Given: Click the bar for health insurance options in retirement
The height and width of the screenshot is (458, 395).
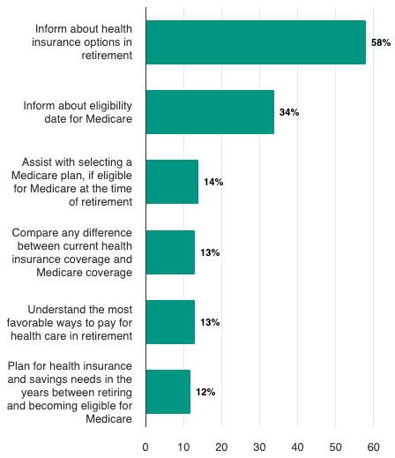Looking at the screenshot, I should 256,42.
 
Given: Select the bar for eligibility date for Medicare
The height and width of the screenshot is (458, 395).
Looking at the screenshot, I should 210,112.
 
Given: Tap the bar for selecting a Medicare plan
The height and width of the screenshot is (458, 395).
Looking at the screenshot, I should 172,182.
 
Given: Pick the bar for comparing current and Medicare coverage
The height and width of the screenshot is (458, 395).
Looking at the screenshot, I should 170,252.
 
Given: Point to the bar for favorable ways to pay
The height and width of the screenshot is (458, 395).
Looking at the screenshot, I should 170,322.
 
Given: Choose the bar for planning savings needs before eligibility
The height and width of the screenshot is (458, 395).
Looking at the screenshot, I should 168,392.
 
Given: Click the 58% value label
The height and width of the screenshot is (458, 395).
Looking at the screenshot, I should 381,42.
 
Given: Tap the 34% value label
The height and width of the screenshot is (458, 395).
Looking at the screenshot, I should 289,112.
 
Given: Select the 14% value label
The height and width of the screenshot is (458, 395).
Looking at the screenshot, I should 213,182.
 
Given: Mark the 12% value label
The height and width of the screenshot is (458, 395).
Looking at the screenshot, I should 205,392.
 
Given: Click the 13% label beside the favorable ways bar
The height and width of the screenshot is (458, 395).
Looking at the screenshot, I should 210,322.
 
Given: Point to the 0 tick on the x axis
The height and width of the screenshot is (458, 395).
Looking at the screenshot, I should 145,447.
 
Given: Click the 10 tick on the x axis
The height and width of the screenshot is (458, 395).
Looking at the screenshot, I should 183,447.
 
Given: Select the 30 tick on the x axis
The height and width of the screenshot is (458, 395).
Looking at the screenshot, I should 259,447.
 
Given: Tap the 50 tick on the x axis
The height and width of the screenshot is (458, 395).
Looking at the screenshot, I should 335,447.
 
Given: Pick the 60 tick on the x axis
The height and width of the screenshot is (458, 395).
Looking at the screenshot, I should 373,447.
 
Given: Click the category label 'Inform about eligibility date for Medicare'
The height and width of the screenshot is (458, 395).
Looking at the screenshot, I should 78,112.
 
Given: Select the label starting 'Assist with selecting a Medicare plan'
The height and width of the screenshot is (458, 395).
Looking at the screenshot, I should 76,182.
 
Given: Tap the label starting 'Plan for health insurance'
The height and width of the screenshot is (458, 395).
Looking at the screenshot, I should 70,392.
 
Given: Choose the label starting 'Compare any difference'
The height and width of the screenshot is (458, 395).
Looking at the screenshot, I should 72,252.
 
